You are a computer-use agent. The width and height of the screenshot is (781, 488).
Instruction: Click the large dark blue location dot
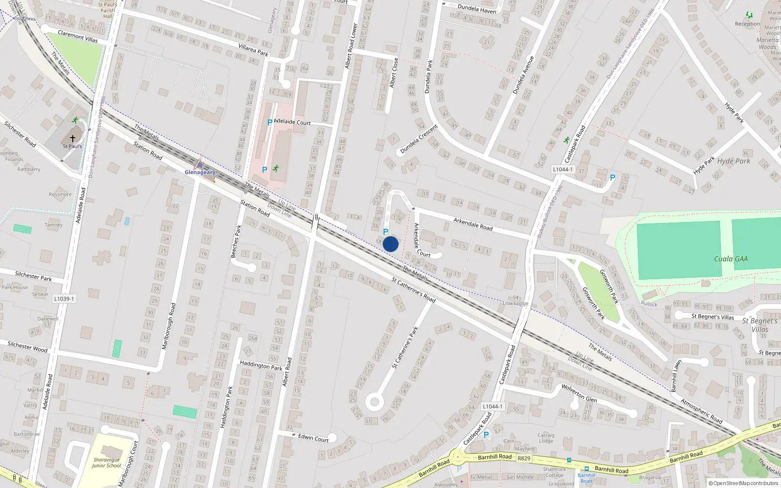(390, 244)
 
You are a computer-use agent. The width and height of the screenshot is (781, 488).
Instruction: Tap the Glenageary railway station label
(200, 172)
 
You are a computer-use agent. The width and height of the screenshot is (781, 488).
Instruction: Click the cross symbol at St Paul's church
(73, 139)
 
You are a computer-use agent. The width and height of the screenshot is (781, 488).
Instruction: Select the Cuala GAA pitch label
(731, 259)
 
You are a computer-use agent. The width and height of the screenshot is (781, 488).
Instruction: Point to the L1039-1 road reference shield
(64, 299)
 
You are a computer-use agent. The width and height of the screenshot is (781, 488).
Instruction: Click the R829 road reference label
(524, 458)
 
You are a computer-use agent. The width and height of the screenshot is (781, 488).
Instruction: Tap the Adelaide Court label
(292, 122)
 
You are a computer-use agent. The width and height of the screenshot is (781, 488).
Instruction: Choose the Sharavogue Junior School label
(106, 463)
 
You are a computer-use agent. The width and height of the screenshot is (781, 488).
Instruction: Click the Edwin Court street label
(313, 438)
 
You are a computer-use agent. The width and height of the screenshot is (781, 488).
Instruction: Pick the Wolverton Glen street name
(579, 393)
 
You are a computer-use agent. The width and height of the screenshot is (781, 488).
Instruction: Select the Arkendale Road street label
(473, 224)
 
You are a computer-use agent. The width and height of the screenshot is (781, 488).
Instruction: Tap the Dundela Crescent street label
(419, 139)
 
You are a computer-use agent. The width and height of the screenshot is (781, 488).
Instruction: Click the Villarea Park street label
(253, 49)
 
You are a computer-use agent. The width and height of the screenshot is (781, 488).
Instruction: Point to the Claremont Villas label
(78, 36)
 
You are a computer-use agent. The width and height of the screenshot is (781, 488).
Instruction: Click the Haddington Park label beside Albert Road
(261, 365)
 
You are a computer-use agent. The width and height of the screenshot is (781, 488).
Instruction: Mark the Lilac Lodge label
(515, 303)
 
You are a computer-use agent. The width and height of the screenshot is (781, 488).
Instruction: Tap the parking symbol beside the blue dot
(386, 232)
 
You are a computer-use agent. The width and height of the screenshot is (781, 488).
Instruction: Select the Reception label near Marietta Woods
(747, 24)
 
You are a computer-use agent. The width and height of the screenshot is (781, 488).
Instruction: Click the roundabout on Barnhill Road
(458, 458)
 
